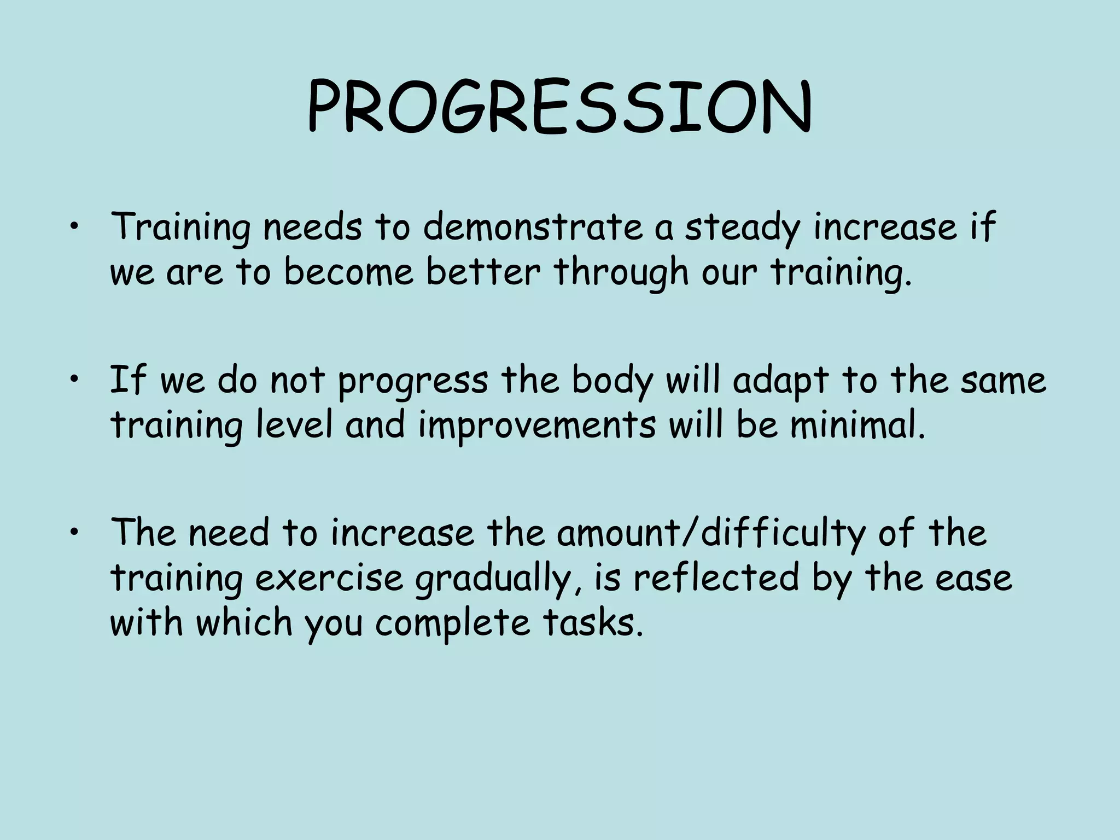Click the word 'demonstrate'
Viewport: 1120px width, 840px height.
click(533, 227)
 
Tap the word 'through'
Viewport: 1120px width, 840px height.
click(621, 272)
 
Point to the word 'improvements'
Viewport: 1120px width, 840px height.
click(537, 425)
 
